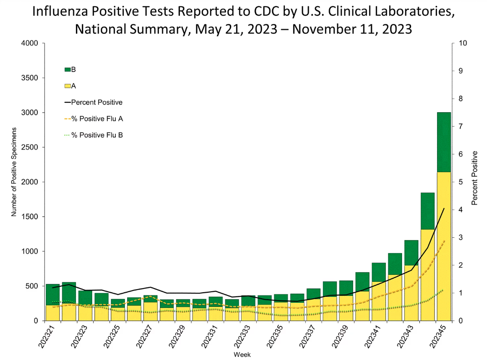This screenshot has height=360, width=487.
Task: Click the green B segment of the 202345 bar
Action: (x=444, y=142)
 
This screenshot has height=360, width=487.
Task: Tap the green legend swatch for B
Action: (x=68, y=70)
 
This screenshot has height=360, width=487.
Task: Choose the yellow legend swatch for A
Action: (x=68, y=85)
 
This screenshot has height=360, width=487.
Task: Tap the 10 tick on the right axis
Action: (x=462, y=43)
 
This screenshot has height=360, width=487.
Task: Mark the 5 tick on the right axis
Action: (x=460, y=182)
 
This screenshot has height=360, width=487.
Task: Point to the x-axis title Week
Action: (x=242, y=354)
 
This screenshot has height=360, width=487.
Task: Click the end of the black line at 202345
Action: (x=444, y=208)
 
